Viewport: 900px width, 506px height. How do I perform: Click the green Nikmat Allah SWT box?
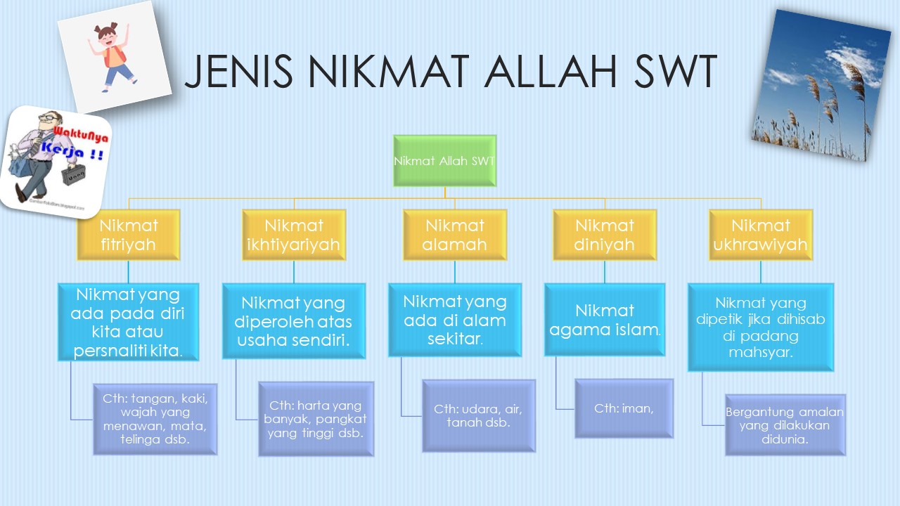(445, 161)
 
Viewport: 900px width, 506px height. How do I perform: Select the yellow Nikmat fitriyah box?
(128, 235)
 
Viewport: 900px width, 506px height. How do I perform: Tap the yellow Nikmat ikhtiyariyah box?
(294, 235)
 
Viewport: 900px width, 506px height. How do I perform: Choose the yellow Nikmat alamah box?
(455, 235)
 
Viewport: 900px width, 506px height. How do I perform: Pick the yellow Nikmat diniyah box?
(605, 235)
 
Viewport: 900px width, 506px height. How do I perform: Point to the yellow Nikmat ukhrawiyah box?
(761, 235)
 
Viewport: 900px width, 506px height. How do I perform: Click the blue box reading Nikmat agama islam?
(605, 320)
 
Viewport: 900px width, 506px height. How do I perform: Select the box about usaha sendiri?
(294, 321)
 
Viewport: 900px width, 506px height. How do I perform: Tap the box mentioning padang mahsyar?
(761, 327)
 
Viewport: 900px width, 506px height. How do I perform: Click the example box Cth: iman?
(624, 408)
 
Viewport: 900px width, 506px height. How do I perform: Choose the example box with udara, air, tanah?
(479, 415)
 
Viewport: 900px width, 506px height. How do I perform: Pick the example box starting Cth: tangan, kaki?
(155, 420)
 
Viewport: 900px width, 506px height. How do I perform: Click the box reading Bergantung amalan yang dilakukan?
(785, 425)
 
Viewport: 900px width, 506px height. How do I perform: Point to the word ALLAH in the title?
(551, 72)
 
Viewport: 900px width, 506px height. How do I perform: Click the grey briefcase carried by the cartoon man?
(73, 175)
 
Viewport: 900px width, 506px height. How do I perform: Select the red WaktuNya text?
(81, 134)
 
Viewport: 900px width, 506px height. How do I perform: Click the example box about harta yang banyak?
(316, 419)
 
